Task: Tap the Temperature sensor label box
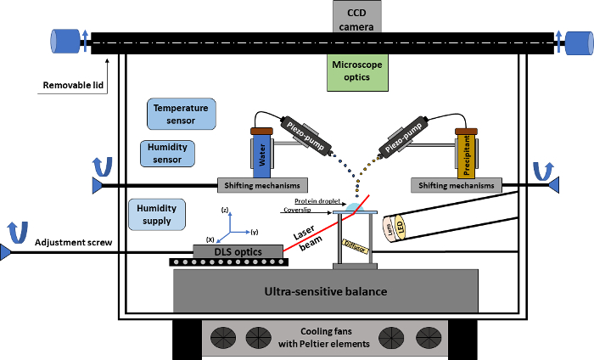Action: [182, 114]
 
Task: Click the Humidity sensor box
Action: [166, 153]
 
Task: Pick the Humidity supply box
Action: [157, 215]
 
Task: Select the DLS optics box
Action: [238, 251]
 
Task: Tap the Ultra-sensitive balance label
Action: [326, 292]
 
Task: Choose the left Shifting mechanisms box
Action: [263, 185]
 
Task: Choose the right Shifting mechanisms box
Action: [454, 185]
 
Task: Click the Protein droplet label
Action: [312, 201]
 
